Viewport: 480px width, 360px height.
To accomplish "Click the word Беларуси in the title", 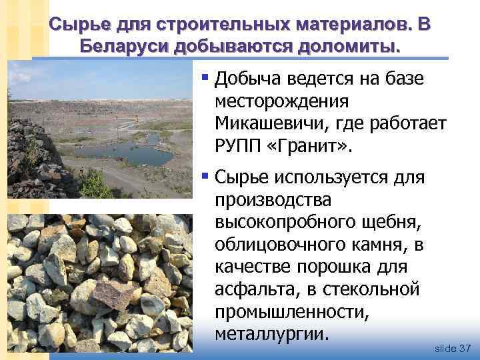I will pos(123,46).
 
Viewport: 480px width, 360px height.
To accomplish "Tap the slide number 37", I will pos(465,348).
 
